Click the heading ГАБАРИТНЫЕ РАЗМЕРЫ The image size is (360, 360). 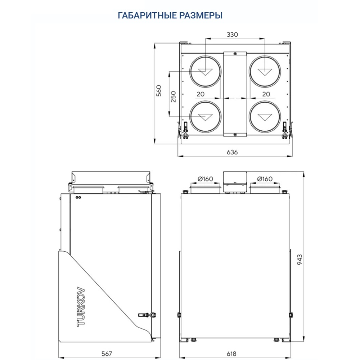click(170, 15)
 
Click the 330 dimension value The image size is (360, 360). click(232, 35)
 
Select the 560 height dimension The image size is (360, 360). click(159, 92)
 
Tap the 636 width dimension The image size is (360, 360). click(232, 152)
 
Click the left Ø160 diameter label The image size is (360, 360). click(205, 179)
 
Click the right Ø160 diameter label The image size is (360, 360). click(265, 179)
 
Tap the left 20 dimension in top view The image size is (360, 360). click(200, 94)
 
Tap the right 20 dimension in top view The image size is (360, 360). click(266, 94)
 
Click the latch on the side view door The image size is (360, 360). click(148, 314)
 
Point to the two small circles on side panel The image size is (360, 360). click(78, 197)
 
